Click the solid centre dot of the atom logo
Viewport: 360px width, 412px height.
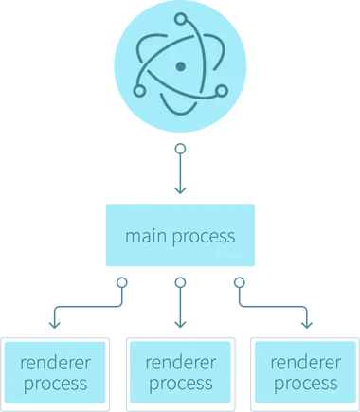(180, 66)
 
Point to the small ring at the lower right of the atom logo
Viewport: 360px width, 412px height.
(222, 92)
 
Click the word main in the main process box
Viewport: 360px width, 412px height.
(144, 236)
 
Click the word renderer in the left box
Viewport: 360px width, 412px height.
(56, 362)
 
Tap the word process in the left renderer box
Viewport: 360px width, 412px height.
(56, 384)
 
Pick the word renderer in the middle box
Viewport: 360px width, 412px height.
(180, 362)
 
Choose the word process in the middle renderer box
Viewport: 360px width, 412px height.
(180, 384)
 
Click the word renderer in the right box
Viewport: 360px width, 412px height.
(304, 362)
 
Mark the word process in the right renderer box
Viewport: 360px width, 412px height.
(304, 384)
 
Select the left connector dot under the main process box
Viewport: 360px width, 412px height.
(119, 282)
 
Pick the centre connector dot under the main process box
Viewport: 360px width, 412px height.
(177, 282)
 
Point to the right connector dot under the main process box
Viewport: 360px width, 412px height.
(237, 282)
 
